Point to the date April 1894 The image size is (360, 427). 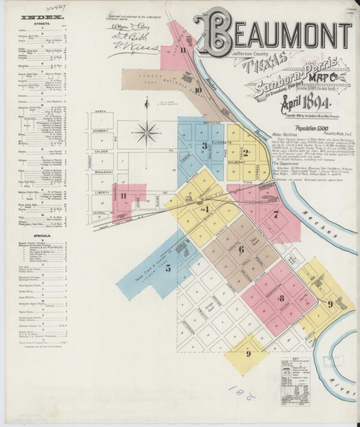point(270,103)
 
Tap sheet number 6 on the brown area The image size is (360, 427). point(241,250)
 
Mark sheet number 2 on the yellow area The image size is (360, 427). point(246,152)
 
